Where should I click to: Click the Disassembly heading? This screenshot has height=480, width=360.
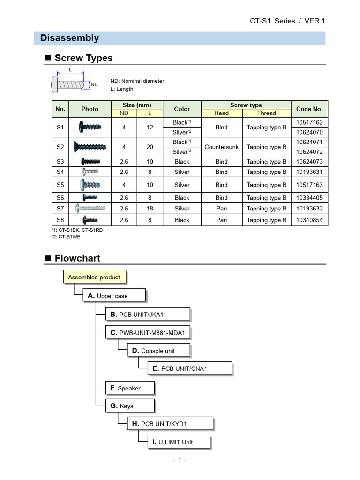69,38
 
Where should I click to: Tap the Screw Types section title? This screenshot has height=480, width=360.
83,58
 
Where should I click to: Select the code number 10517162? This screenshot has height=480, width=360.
309,122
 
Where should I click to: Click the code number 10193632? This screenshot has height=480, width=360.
309,209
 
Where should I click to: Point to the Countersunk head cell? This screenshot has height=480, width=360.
221,147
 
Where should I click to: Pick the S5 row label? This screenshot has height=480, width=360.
60,185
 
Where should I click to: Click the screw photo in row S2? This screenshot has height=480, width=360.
90,147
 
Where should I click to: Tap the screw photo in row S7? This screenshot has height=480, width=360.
90,208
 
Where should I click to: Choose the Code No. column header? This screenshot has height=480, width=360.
309,109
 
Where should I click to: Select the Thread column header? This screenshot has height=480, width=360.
267,113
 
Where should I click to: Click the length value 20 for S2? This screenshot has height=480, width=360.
150,147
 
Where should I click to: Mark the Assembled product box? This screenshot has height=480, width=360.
94,277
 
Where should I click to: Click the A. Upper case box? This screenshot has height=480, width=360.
114,296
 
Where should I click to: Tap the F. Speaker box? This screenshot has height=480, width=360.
130,388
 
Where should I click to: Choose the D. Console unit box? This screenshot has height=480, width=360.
153,350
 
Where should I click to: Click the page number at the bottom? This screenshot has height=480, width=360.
180,460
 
